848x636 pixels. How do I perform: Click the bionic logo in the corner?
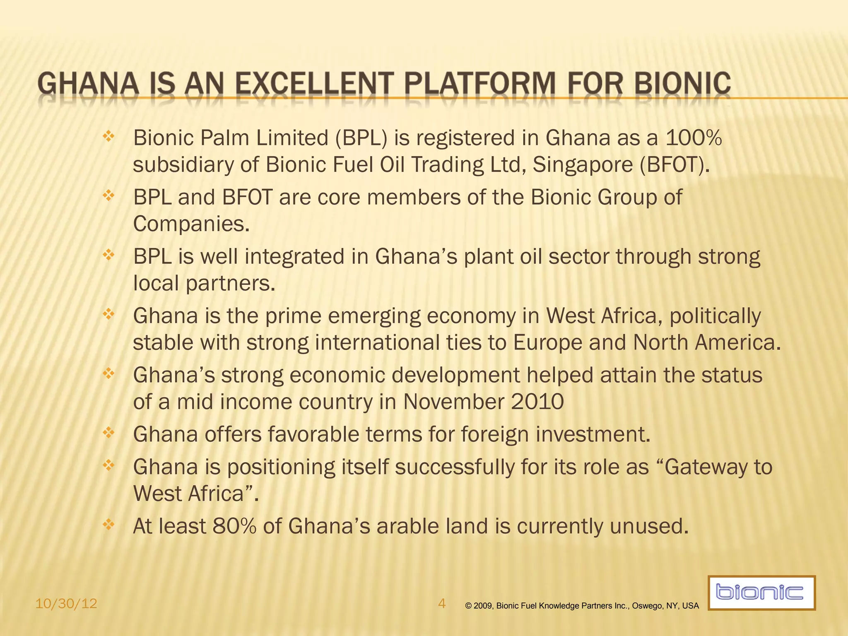tap(761, 593)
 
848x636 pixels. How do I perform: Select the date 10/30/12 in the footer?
tap(66, 604)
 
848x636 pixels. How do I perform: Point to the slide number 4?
tap(442, 604)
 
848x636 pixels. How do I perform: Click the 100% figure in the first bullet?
tap(694, 138)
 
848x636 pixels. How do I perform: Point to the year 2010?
tap(537, 402)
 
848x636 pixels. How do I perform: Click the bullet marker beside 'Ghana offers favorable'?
tap(108, 433)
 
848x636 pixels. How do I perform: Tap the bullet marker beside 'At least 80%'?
tap(108, 525)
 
